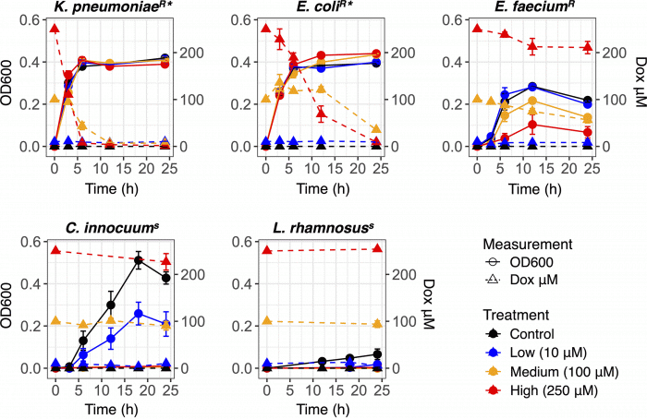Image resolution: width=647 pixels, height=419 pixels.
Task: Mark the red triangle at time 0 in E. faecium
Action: click(x=476, y=29)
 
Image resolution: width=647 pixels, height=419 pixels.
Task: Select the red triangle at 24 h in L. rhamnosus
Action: click(x=375, y=249)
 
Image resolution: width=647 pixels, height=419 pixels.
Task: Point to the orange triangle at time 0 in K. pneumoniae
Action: click(x=55, y=99)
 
